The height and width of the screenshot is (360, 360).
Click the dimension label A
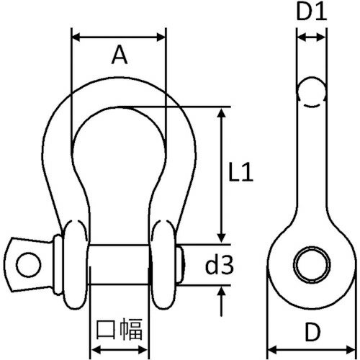120,56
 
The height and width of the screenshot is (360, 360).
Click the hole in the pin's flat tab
27,264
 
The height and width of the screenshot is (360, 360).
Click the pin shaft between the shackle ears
119,264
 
